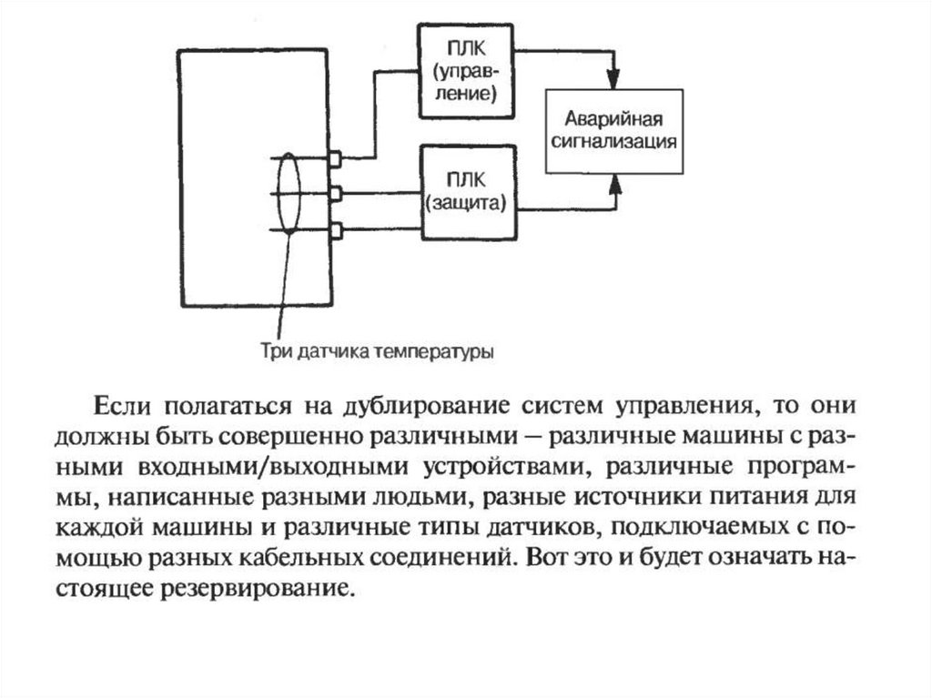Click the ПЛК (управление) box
[x=466, y=71]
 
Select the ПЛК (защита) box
[x=469, y=192]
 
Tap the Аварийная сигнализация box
[x=614, y=131]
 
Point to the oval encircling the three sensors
[x=289, y=193]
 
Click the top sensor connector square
[x=335, y=158]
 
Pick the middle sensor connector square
[x=335, y=194]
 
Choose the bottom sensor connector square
[x=336, y=230]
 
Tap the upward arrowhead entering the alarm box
[x=616, y=185]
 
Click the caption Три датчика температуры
[x=378, y=351]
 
